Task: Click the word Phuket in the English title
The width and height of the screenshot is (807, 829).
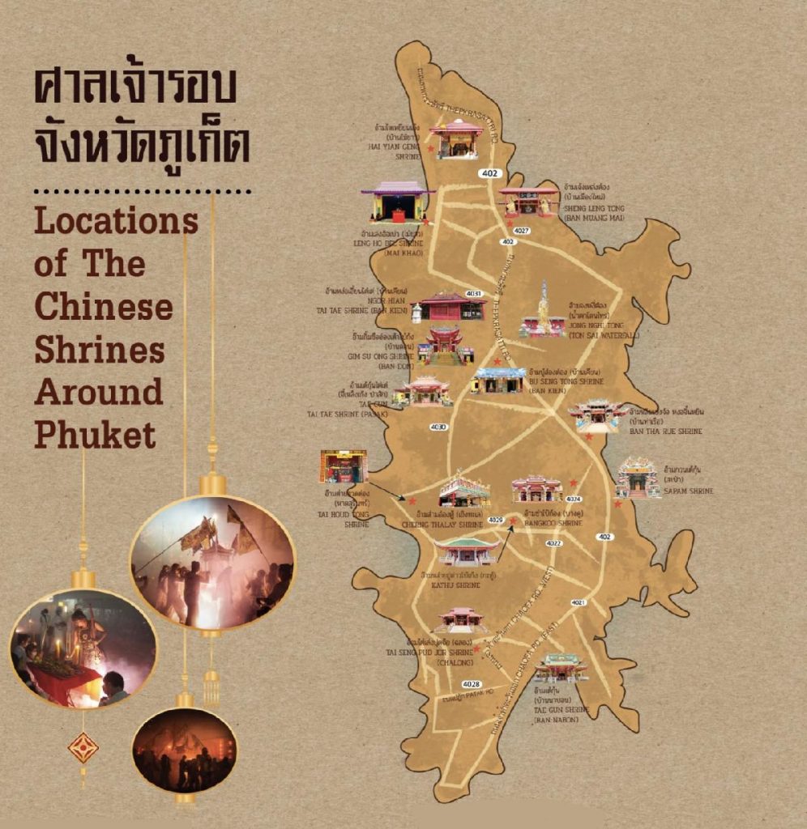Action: point(95,435)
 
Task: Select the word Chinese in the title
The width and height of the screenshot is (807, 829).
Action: point(104,307)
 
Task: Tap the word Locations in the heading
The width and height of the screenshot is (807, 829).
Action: point(116,221)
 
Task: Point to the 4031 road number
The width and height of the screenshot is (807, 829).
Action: point(474,293)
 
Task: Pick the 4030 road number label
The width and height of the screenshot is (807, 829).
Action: point(439,426)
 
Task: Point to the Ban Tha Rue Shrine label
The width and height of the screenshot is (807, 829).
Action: point(666,432)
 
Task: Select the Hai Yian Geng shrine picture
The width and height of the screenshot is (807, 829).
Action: point(455,139)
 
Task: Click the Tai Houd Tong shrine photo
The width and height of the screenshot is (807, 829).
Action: point(344,466)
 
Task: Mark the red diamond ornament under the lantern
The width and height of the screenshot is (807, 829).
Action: point(83,747)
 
